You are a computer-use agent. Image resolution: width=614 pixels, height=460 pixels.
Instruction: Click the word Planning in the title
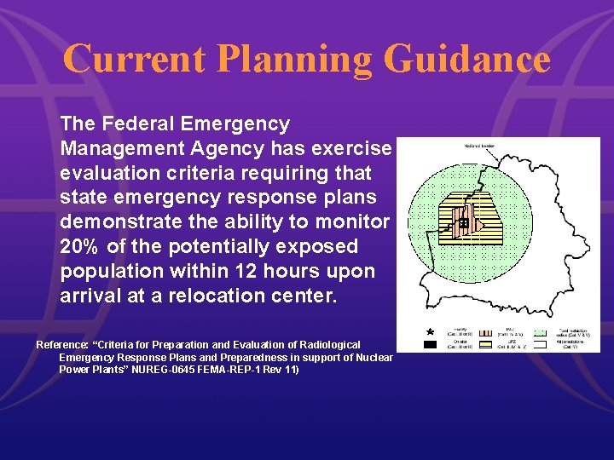293,60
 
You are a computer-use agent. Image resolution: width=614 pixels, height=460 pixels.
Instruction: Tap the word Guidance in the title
466,60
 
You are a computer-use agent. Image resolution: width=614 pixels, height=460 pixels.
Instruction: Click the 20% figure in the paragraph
83,247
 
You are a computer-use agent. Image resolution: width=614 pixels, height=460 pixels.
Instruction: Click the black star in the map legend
431,331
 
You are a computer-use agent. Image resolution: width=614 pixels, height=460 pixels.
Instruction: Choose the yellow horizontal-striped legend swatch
489,346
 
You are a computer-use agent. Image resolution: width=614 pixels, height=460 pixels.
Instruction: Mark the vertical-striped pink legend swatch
489,334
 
